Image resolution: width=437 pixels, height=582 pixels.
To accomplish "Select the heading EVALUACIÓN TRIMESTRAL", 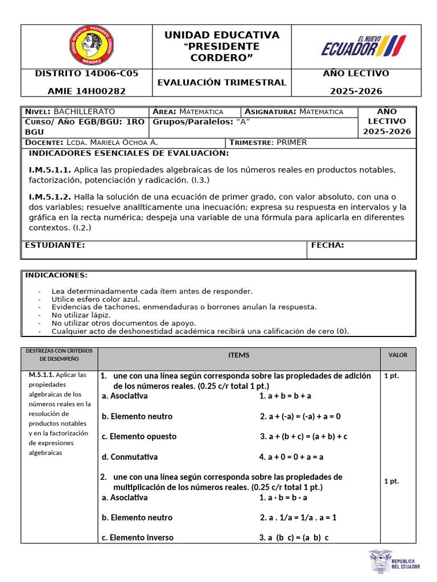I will pos(221,82).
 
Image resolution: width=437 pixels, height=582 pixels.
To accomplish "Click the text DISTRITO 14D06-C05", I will pos(86,73).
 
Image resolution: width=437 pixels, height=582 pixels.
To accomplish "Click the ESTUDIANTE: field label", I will pos(55,245).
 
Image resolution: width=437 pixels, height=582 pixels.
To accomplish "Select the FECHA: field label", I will pos(328,245).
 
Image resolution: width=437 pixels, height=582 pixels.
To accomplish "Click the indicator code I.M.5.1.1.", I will pos(50,170).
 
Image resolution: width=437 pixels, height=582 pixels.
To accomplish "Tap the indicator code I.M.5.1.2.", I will pos(50,197).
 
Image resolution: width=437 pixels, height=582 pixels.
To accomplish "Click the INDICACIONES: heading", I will pos(56,275).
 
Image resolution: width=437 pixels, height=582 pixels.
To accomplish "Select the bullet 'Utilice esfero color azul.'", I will pos(95,298).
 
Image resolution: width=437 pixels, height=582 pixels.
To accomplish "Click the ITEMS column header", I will pos(239,355).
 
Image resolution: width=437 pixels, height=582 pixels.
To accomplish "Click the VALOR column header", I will pos(398,355).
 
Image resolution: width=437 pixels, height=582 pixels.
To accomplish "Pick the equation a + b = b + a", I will pos(285,396).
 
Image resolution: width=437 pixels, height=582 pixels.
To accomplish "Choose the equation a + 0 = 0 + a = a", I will pos(291,456).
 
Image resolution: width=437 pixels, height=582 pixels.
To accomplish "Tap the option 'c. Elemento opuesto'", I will pos(139,436).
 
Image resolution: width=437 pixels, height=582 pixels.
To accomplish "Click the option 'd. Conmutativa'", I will pos(130,456).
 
